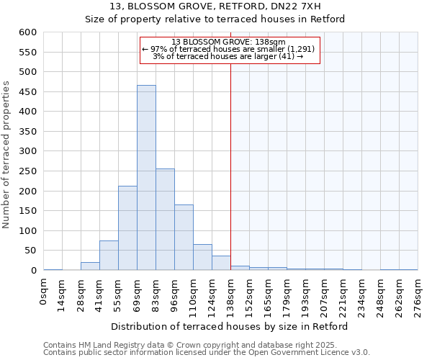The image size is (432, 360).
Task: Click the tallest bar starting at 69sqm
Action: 146,178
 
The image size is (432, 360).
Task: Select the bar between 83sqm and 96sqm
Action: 165,220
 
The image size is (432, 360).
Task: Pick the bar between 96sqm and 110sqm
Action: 184,238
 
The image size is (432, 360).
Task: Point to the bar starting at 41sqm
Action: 109,256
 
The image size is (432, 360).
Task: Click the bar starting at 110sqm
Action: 202,257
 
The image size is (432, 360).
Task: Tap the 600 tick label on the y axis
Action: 27,32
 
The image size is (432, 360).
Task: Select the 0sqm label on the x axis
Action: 44,292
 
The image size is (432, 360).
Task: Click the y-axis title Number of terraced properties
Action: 7,155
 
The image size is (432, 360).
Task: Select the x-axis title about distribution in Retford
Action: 230,326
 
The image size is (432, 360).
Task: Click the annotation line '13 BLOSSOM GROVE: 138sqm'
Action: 228,42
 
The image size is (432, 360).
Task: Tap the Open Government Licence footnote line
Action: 207,352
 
